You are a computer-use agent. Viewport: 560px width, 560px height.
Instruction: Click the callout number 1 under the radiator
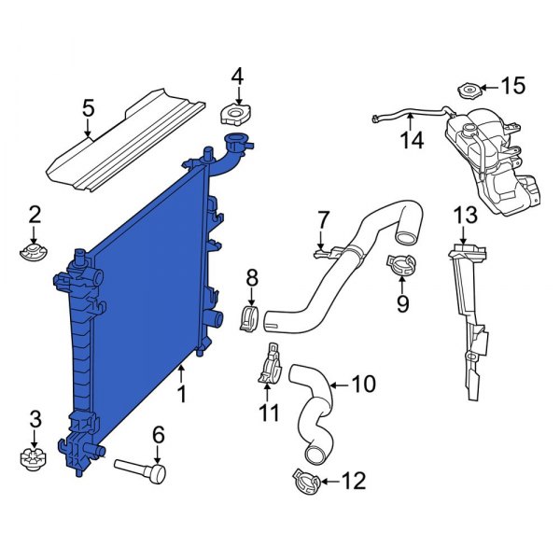182,395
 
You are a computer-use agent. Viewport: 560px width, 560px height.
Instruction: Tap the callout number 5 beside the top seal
89,108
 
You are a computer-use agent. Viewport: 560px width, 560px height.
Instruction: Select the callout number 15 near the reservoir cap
513,87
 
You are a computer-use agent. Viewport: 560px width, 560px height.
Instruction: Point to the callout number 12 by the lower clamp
354,482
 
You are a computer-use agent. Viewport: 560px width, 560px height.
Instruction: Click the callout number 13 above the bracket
466,216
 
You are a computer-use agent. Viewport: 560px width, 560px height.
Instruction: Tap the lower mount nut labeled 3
35,458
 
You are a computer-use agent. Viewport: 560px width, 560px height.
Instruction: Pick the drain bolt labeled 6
140,468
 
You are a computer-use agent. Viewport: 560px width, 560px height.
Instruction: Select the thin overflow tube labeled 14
411,115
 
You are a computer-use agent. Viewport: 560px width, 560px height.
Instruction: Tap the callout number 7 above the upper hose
323,220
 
